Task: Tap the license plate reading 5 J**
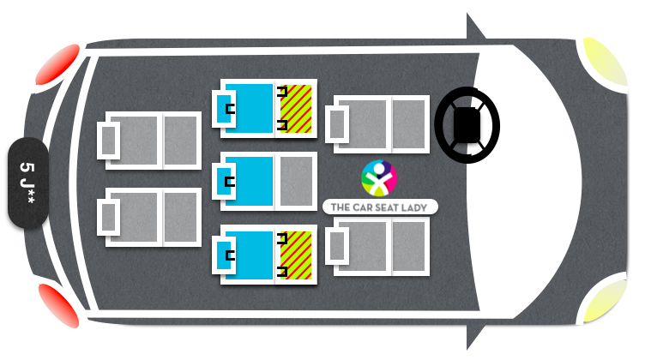pos(28,183)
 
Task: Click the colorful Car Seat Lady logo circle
pos(379,178)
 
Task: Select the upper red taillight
pos(57,64)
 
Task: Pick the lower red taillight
pos(59,305)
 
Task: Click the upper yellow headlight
pos(605,62)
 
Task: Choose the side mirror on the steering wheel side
pos(474,28)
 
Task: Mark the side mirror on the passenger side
pos(474,335)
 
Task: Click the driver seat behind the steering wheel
pos(377,124)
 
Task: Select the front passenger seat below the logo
pos(377,246)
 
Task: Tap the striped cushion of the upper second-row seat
pos(296,109)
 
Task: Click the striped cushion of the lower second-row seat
pos(296,255)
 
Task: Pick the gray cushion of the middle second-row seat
pos(296,181)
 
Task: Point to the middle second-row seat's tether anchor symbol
pos(230,182)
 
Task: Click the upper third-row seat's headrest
pos(109,141)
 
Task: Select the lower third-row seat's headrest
pos(109,217)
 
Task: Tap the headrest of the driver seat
pos(337,124)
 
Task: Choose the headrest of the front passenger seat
pos(337,246)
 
